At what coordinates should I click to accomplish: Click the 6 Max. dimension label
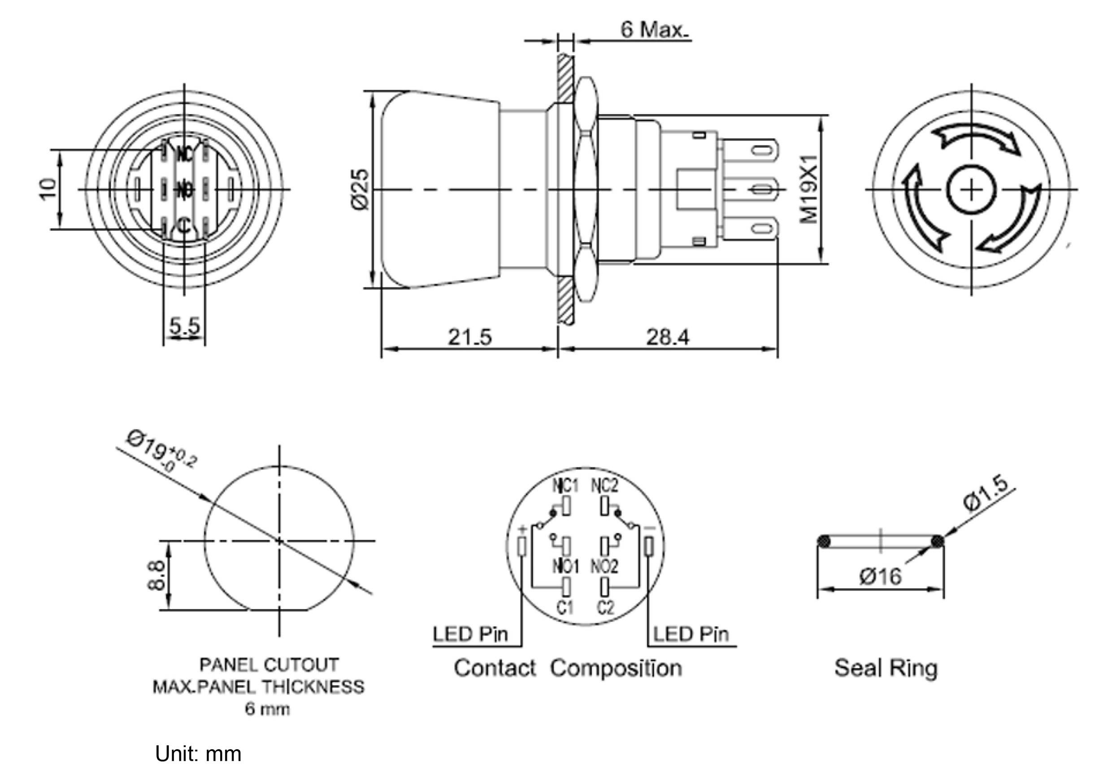click(654, 30)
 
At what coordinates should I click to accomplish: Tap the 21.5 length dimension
click(469, 337)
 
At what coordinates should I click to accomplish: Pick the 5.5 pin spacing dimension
click(184, 327)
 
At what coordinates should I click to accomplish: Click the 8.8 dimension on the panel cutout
click(156, 575)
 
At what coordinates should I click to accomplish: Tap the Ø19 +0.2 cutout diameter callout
click(161, 452)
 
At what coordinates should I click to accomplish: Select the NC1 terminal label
click(565, 486)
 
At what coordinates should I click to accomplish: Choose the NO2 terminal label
click(604, 567)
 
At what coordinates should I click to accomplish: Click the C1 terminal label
click(565, 607)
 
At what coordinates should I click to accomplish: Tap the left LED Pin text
click(470, 634)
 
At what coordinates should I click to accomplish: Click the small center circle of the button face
click(971, 189)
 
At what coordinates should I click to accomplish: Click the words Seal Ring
click(886, 668)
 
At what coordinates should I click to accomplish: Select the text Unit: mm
click(198, 753)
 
